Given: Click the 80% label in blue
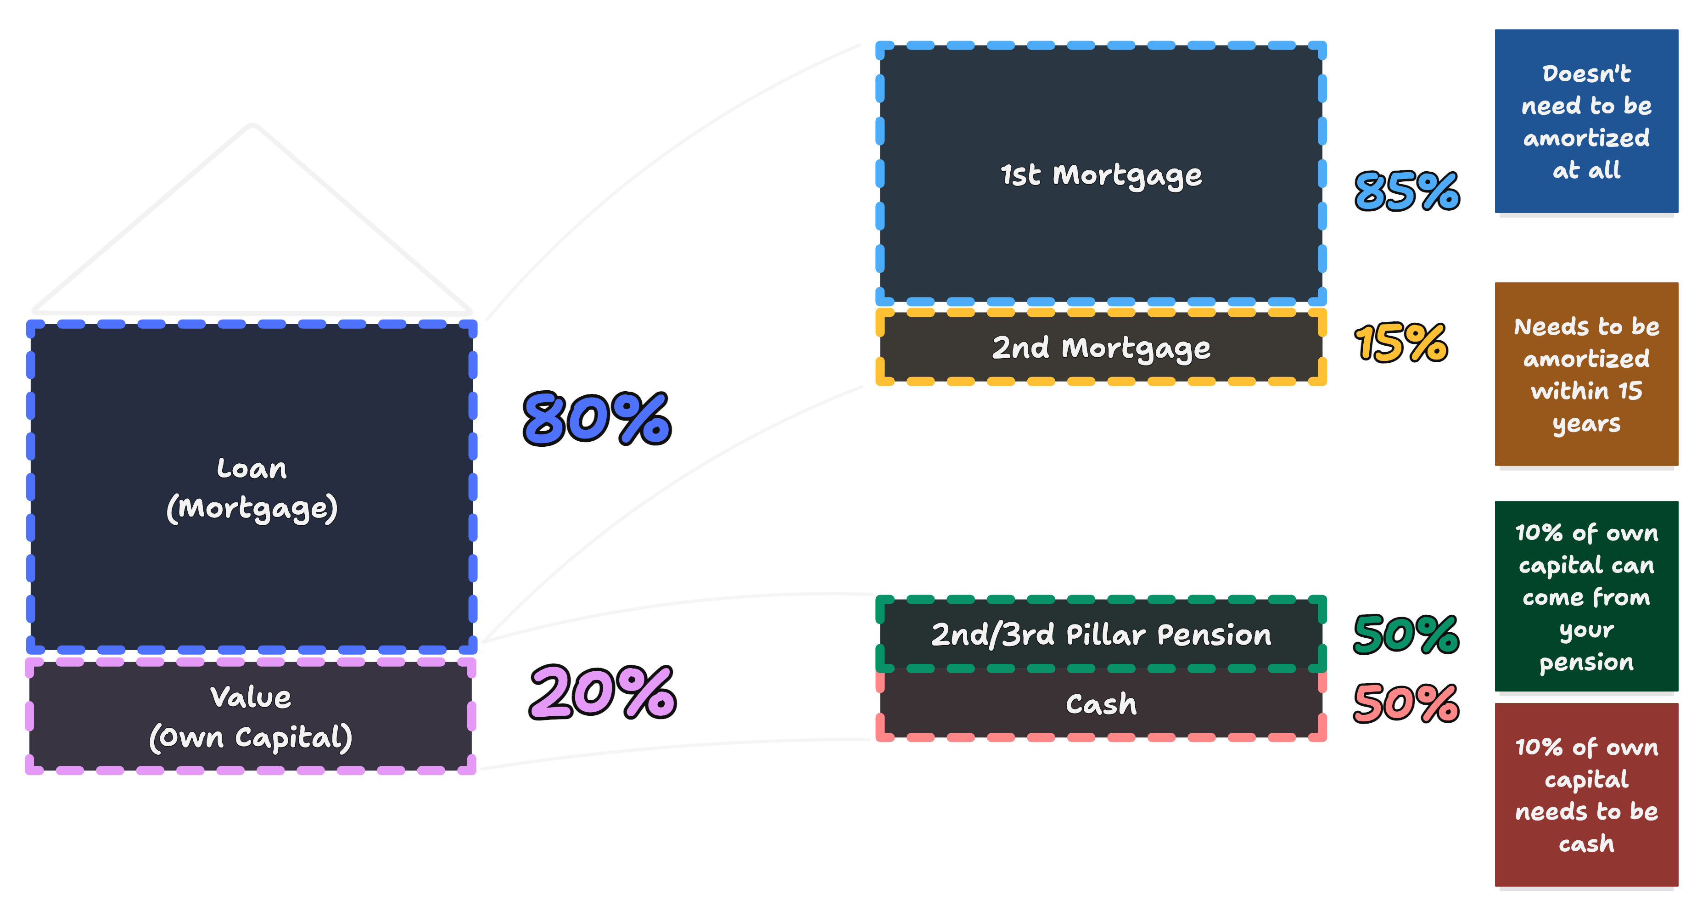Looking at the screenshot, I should point(597,419).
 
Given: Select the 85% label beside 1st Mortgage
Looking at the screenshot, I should point(1406,191).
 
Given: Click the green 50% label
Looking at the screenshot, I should point(1406,635).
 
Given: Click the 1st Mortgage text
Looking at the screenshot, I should point(1101,175).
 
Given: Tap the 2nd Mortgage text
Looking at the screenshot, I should point(1101,348).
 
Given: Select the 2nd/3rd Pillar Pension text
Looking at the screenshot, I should point(1101,635).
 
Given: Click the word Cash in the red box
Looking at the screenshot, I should point(1101,704).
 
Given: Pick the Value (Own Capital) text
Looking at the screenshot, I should point(251,718).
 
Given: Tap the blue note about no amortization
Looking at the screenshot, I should point(1586,121).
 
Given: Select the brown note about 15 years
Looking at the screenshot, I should point(1586,374).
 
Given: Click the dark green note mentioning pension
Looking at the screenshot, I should point(1586,596).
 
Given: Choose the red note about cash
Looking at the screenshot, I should point(1586,795).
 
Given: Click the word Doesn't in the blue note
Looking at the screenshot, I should point(1586,73).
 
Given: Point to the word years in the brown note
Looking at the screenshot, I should point(1586,424).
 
